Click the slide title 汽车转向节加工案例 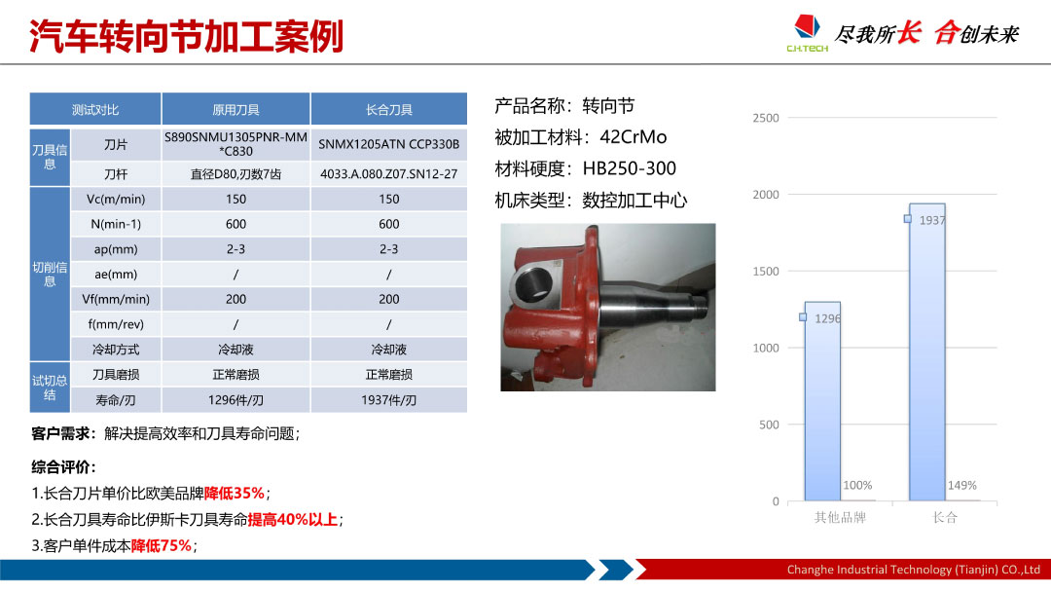pyautogui.click(x=186, y=36)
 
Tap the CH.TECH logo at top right pyautogui.click(x=807, y=33)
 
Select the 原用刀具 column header pyautogui.click(x=236, y=109)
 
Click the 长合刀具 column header pyautogui.click(x=388, y=109)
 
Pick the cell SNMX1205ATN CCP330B pyautogui.click(x=388, y=144)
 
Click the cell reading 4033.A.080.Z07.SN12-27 pyautogui.click(x=388, y=174)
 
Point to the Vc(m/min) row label pyautogui.click(x=115, y=200)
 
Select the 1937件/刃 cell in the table pyautogui.click(x=388, y=400)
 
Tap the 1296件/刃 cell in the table pyautogui.click(x=236, y=400)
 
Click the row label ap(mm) pyautogui.click(x=115, y=249)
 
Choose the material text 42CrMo pyautogui.click(x=633, y=137)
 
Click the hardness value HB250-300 pyautogui.click(x=630, y=168)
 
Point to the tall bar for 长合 pyautogui.click(x=927, y=352)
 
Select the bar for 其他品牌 pyautogui.click(x=822, y=401)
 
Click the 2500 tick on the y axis pyautogui.click(x=766, y=118)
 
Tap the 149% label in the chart pyautogui.click(x=961, y=486)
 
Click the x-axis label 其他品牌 pyautogui.click(x=840, y=517)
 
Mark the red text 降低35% pyautogui.click(x=234, y=494)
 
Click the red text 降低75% pyautogui.click(x=161, y=546)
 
